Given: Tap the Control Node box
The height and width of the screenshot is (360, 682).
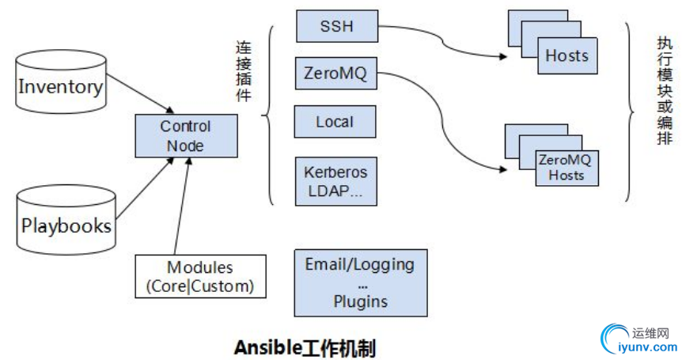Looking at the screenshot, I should [185, 136].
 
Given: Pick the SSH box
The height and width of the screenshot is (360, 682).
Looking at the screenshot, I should [335, 27].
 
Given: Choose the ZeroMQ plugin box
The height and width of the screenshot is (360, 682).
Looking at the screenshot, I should [335, 75].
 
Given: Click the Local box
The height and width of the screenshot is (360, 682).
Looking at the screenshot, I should [335, 123].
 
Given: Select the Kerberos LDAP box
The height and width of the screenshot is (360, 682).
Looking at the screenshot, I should [335, 181].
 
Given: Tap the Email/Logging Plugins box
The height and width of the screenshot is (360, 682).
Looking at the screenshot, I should [359, 282].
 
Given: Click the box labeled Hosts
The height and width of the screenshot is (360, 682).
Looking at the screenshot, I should [566, 55].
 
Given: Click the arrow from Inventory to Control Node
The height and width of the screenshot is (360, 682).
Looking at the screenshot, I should [140, 94].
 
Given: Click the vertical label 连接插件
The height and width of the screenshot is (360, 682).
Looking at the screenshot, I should [244, 71].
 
